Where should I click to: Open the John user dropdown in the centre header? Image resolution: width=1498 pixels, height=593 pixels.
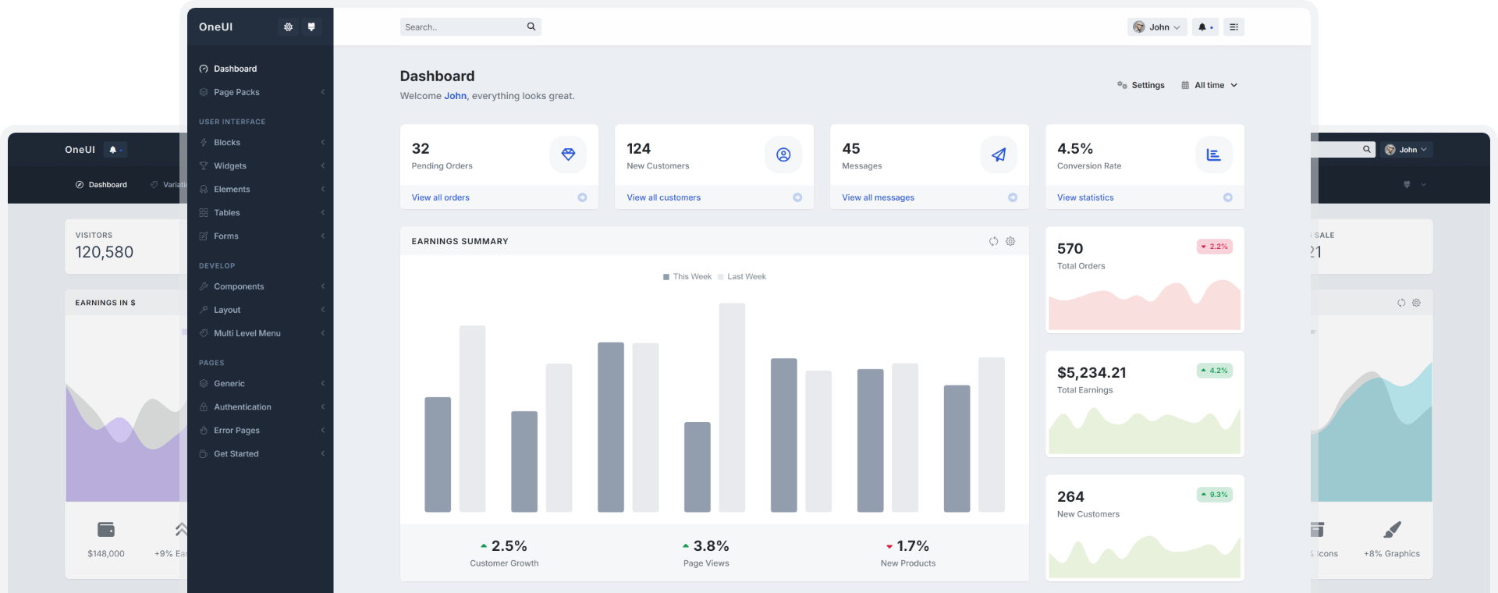(1157, 27)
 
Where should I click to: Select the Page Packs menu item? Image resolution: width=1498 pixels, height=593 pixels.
(236, 92)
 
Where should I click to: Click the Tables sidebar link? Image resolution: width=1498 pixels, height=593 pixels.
(226, 213)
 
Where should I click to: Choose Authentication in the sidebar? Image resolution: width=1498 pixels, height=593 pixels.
(243, 407)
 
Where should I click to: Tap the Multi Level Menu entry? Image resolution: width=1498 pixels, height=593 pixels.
(247, 333)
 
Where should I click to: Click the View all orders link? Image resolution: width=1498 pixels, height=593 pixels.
(441, 198)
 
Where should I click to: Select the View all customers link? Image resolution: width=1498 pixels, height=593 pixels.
(664, 198)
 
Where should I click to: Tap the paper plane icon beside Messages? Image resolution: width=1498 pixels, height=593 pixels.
(999, 155)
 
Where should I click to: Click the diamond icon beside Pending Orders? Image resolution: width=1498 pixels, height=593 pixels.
(568, 155)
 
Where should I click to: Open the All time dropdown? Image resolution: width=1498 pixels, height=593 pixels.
(1209, 86)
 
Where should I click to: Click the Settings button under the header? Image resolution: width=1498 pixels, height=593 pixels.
(1141, 86)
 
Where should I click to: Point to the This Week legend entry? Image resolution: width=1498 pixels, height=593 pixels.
(687, 277)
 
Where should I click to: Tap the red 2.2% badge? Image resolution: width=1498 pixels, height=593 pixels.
(1214, 247)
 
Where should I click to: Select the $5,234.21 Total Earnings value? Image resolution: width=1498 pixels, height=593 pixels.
(1092, 373)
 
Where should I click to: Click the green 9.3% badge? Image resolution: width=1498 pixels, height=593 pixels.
(1214, 495)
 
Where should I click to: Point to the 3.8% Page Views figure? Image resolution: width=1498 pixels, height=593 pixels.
(706, 546)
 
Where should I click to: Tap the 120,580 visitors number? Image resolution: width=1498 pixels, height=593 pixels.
(105, 252)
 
